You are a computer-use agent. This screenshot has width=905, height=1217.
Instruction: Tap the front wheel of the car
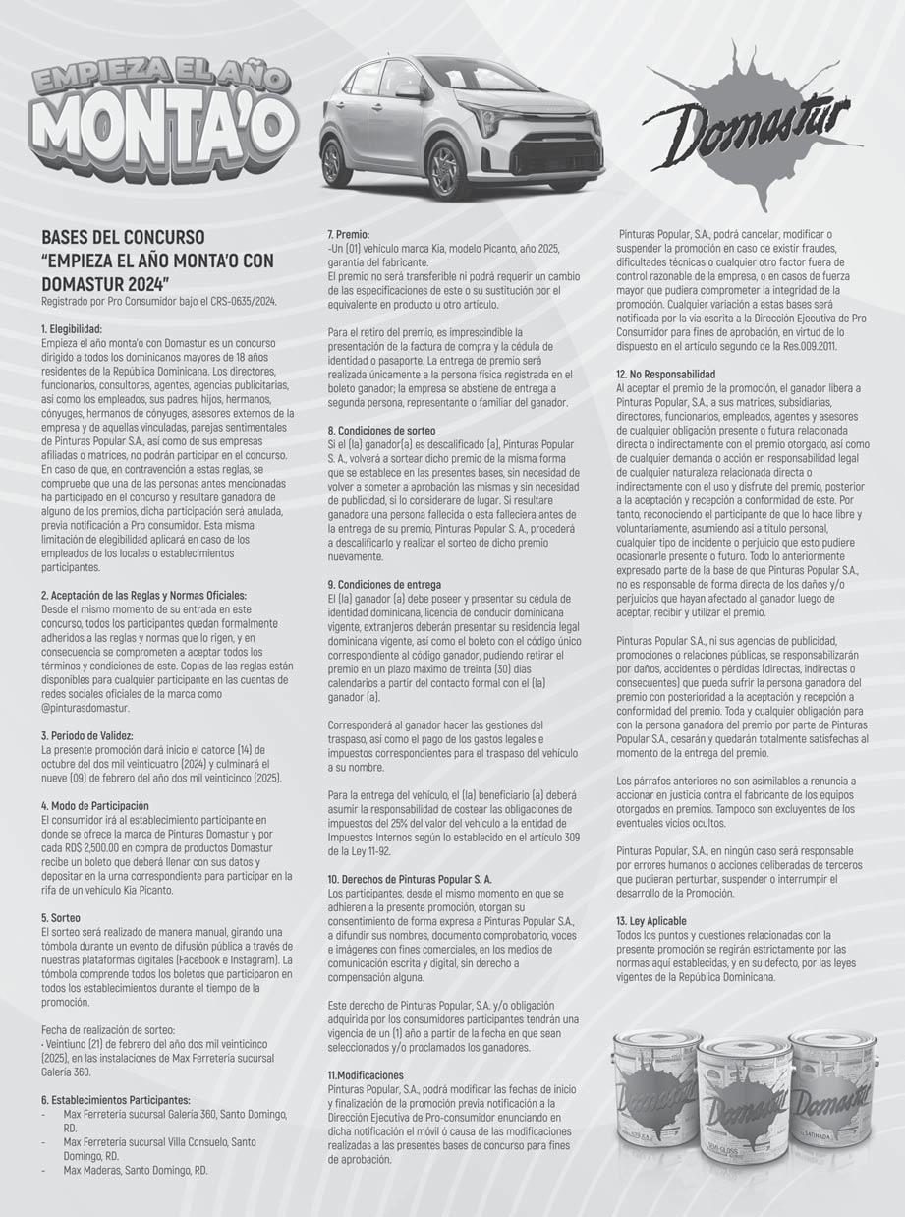[448, 168]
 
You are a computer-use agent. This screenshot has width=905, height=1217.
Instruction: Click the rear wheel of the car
[336, 161]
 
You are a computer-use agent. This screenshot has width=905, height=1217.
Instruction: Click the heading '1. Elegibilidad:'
[85, 328]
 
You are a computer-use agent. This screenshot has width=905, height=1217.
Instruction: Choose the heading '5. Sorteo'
[67, 917]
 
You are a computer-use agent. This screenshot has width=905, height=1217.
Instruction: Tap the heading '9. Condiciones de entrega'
[384, 585]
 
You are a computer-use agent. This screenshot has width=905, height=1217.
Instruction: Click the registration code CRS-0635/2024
[234, 300]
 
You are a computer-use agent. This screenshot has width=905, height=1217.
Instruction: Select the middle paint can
[744, 1106]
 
